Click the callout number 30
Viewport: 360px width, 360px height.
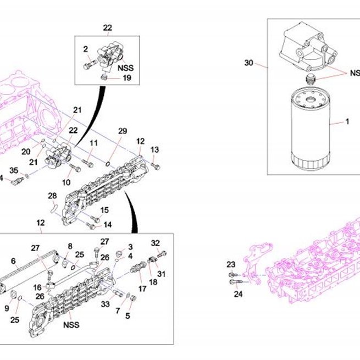(248, 63)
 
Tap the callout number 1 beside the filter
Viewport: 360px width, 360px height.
(347, 121)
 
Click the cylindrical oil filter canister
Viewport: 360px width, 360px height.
(311, 129)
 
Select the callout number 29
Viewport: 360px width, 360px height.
(123, 131)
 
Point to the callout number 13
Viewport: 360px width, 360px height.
(155, 149)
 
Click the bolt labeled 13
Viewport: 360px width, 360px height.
(156, 166)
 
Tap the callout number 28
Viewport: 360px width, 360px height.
(52, 196)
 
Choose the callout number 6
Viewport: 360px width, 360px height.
(13, 261)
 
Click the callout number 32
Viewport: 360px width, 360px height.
(156, 243)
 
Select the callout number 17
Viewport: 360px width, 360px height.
(142, 289)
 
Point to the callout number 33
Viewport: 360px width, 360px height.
(106, 304)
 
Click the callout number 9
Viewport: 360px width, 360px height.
(7, 308)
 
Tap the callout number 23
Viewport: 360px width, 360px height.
(231, 264)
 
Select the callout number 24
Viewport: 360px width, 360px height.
(238, 294)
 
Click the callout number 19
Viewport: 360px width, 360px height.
(127, 78)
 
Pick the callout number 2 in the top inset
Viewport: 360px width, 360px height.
(85, 49)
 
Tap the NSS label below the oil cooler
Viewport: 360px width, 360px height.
(71, 325)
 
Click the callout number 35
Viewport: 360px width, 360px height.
(14, 170)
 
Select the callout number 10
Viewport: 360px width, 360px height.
(66, 182)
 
